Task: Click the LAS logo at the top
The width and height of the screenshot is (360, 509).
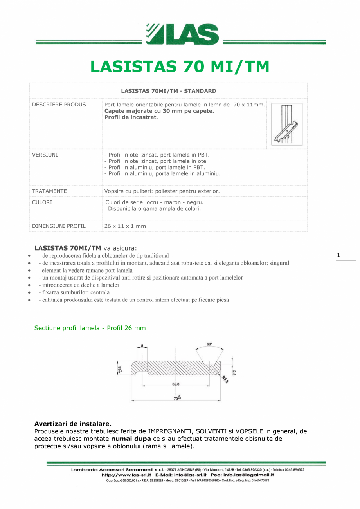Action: (x=182, y=34)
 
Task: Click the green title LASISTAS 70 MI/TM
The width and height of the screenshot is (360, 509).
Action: (x=180, y=67)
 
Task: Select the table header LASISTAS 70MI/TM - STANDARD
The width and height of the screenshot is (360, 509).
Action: (x=169, y=91)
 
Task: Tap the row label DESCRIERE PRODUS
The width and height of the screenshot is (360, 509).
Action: (x=59, y=105)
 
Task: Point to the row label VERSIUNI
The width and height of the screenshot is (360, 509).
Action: (x=45, y=155)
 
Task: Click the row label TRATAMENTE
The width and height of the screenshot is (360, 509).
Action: (x=49, y=191)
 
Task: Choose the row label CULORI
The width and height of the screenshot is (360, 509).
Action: (x=42, y=203)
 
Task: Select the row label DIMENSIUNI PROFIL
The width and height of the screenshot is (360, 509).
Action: (x=59, y=226)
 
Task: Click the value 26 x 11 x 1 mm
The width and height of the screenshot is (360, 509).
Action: (x=125, y=226)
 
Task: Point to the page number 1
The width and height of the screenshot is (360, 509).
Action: (x=338, y=256)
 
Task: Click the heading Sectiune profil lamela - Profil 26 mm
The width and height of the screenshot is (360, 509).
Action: (x=90, y=328)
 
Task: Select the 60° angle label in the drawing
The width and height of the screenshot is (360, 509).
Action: (x=209, y=344)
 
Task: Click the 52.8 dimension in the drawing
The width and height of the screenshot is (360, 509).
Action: (x=176, y=384)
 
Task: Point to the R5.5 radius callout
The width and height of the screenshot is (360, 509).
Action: (x=225, y=379)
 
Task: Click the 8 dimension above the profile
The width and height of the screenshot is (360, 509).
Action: (x=142, y=346)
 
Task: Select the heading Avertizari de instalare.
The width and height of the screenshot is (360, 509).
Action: (x=73, y=424)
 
